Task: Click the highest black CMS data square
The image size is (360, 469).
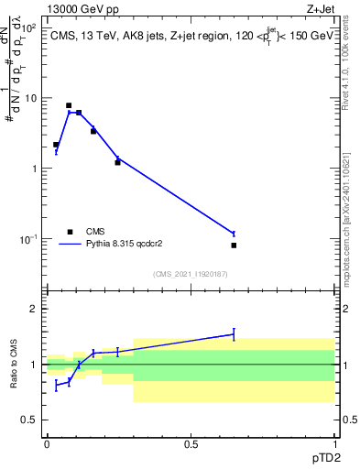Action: (x=69, y=105)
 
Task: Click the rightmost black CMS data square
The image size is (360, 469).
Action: (x=234, y=245)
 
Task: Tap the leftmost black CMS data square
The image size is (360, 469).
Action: (x=56, y=145)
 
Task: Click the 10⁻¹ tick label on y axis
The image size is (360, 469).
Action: (x=29, y=239)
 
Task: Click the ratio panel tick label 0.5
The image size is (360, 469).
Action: (x=30, y=420)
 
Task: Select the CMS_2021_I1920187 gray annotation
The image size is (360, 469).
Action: (x=191, y=274)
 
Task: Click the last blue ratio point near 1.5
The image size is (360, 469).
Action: (x=234, y=334)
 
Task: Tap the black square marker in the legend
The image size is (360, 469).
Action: (x=69, y=232)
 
